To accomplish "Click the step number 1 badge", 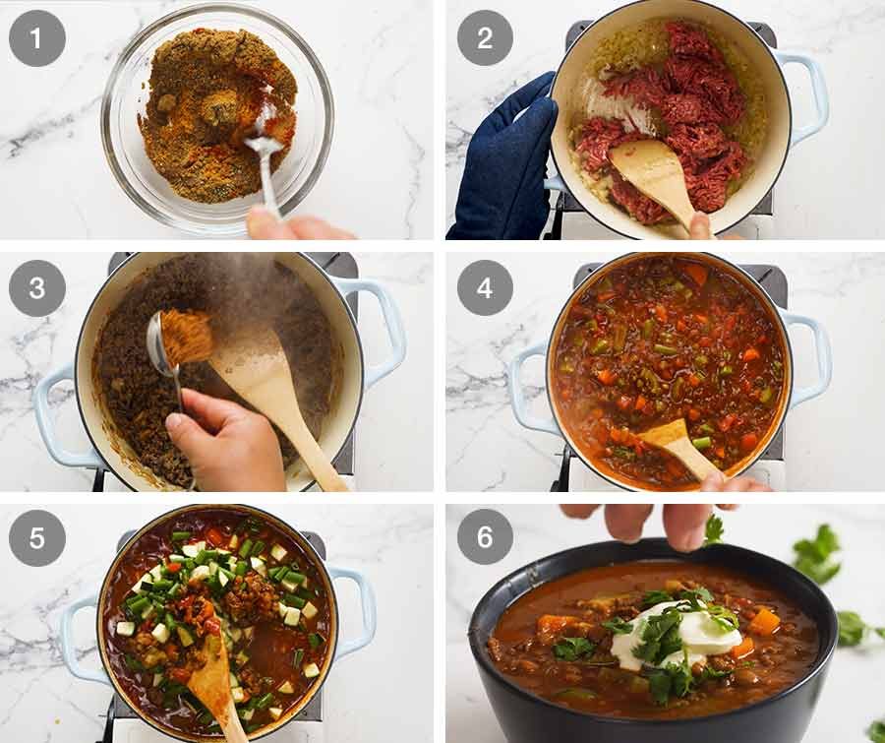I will [37, 38].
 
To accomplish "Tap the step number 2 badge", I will [485, 38].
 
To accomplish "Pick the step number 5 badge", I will [37, 537].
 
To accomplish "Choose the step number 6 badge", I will [485, 537].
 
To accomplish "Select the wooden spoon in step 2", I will [654, 172].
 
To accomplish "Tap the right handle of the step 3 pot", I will [379, 330].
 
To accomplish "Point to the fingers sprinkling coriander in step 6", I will [654, 522].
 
